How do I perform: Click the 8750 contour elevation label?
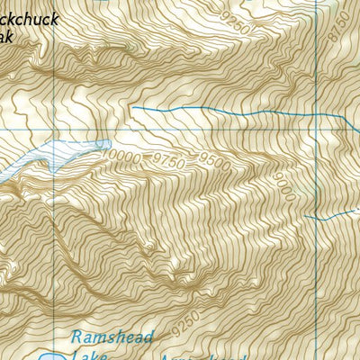(x=336, y=36)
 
